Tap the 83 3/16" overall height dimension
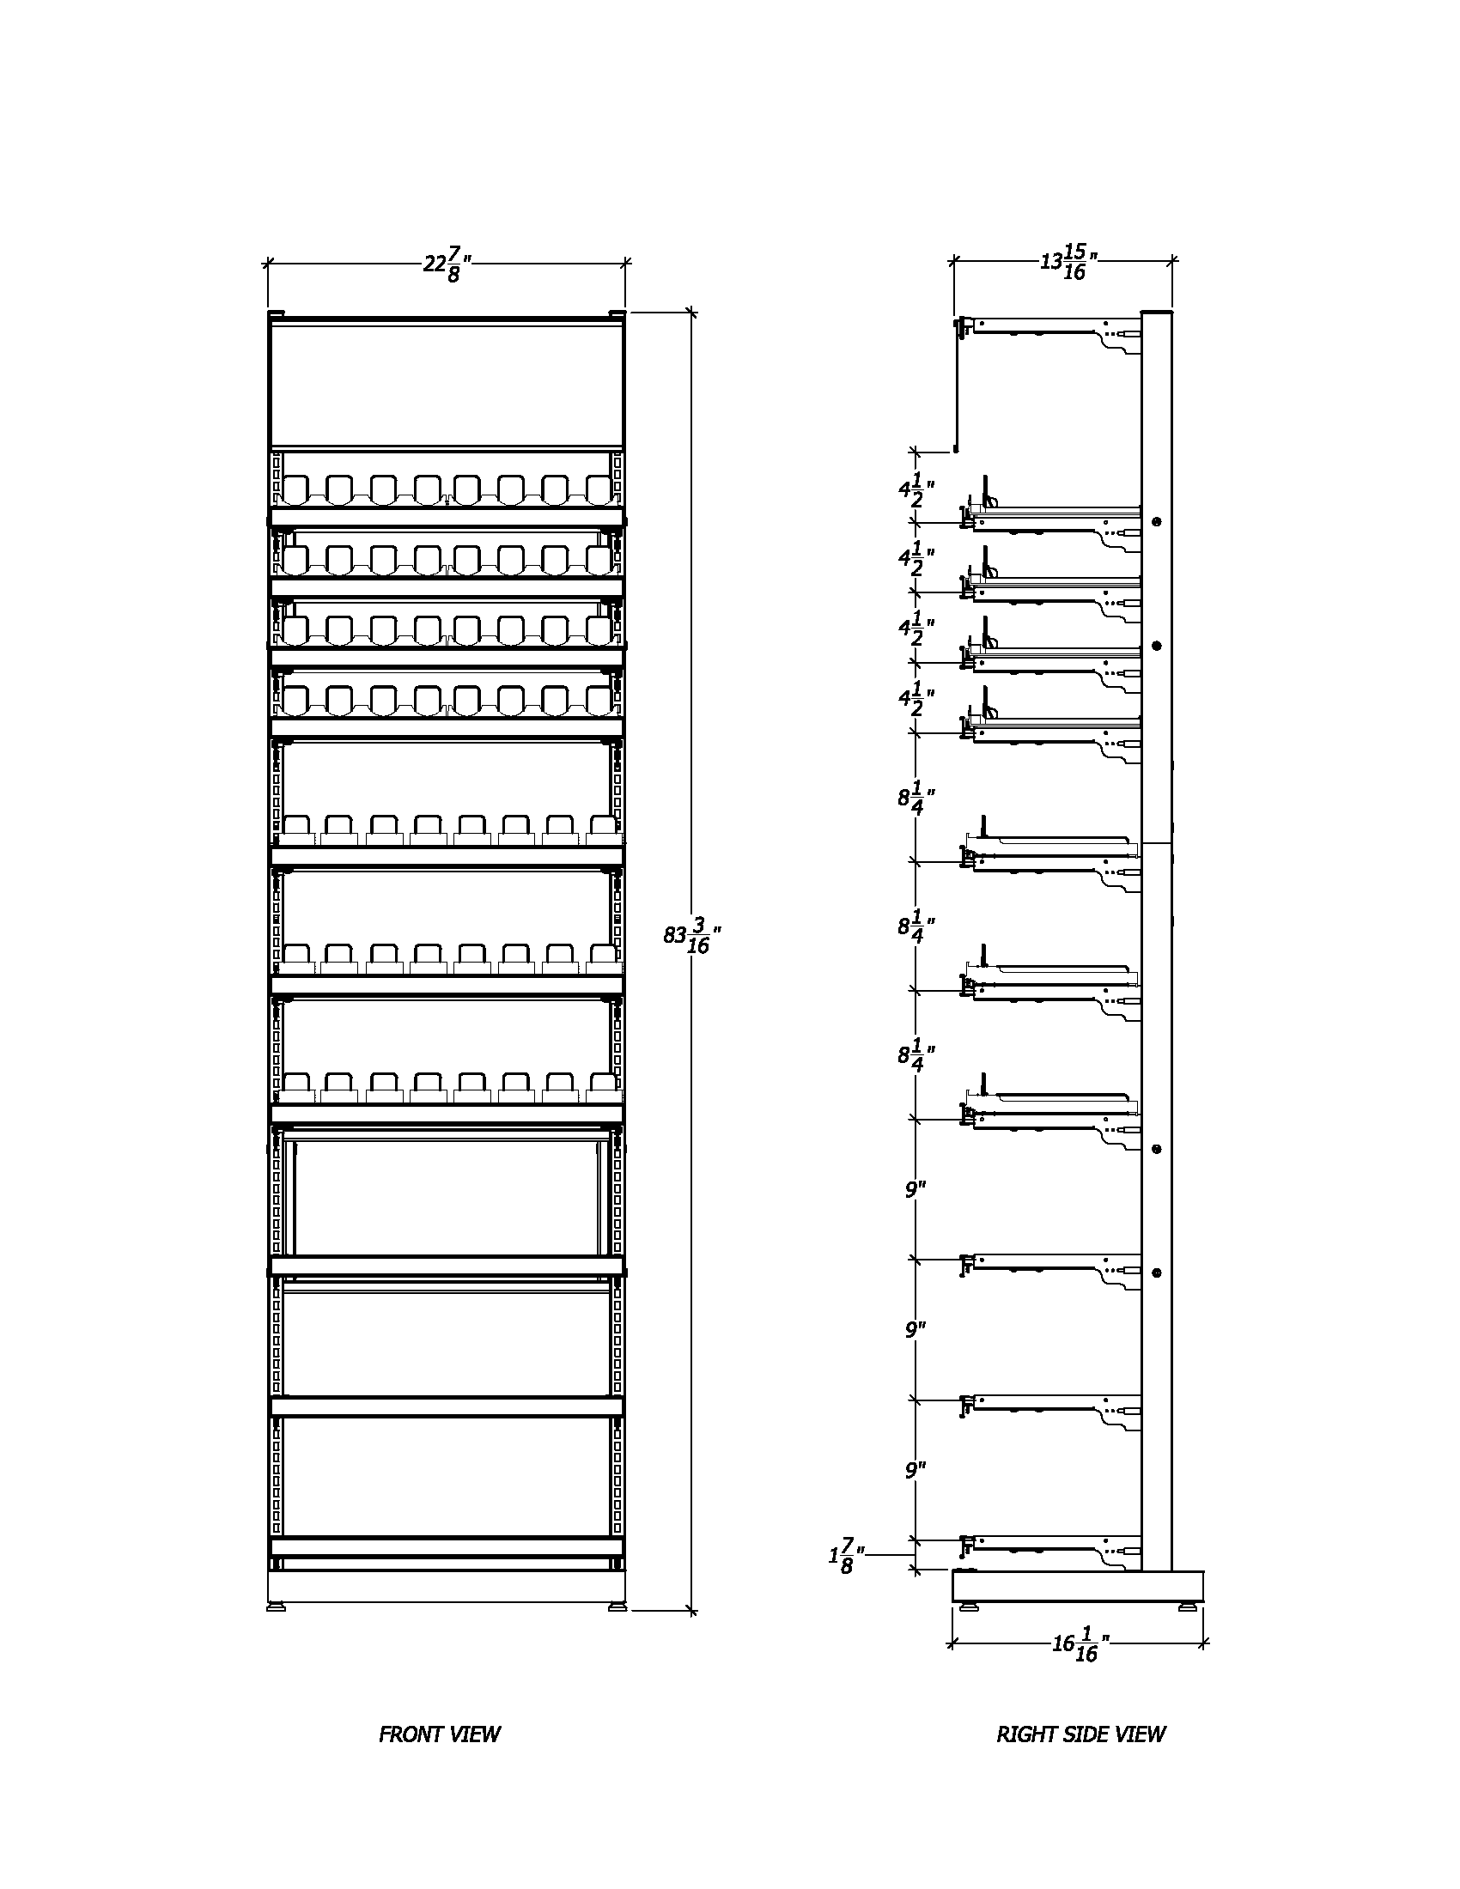(692, 938)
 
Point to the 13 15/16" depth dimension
(1069, 262)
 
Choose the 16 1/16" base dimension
(1081, 1643)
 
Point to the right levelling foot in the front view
(617, 1607)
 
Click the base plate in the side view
(1077, 1584)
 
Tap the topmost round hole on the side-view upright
(1157, 521)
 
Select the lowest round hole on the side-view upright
(1157, 1272)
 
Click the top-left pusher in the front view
(295, 489)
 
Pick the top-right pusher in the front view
(599, 489)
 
